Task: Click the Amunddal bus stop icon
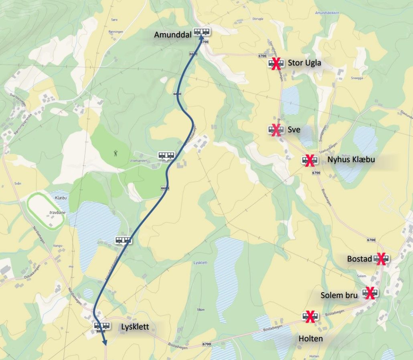pos(202,31)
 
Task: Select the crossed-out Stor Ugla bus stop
pos(276,63)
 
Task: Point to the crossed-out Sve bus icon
pos(276,130)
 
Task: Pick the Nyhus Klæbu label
pos(351,160)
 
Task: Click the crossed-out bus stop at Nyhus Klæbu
pos(310,161)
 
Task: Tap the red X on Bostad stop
pos(381,259)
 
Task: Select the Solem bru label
pos(339,295)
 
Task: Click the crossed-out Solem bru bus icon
pos(370,293)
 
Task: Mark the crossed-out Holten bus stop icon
pos(310,317)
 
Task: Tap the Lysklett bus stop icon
pos(102,326)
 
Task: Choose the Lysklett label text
pos(135,327)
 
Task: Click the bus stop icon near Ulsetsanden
pos(166,155)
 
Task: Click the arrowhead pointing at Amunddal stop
pos(200,38)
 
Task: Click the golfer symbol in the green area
pos(116,153)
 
